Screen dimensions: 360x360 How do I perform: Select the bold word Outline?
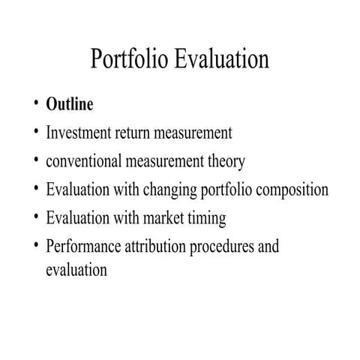(x=70, y=104)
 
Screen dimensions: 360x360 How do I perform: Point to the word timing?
(x=205, y=218)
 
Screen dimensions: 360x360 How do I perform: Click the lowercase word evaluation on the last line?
(x=76, y=269)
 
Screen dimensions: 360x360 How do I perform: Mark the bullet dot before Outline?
(x=37, y=103)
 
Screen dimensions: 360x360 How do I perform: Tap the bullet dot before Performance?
(x=37, y=245)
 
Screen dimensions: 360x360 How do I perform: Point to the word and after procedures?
(x=268, y=247)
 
